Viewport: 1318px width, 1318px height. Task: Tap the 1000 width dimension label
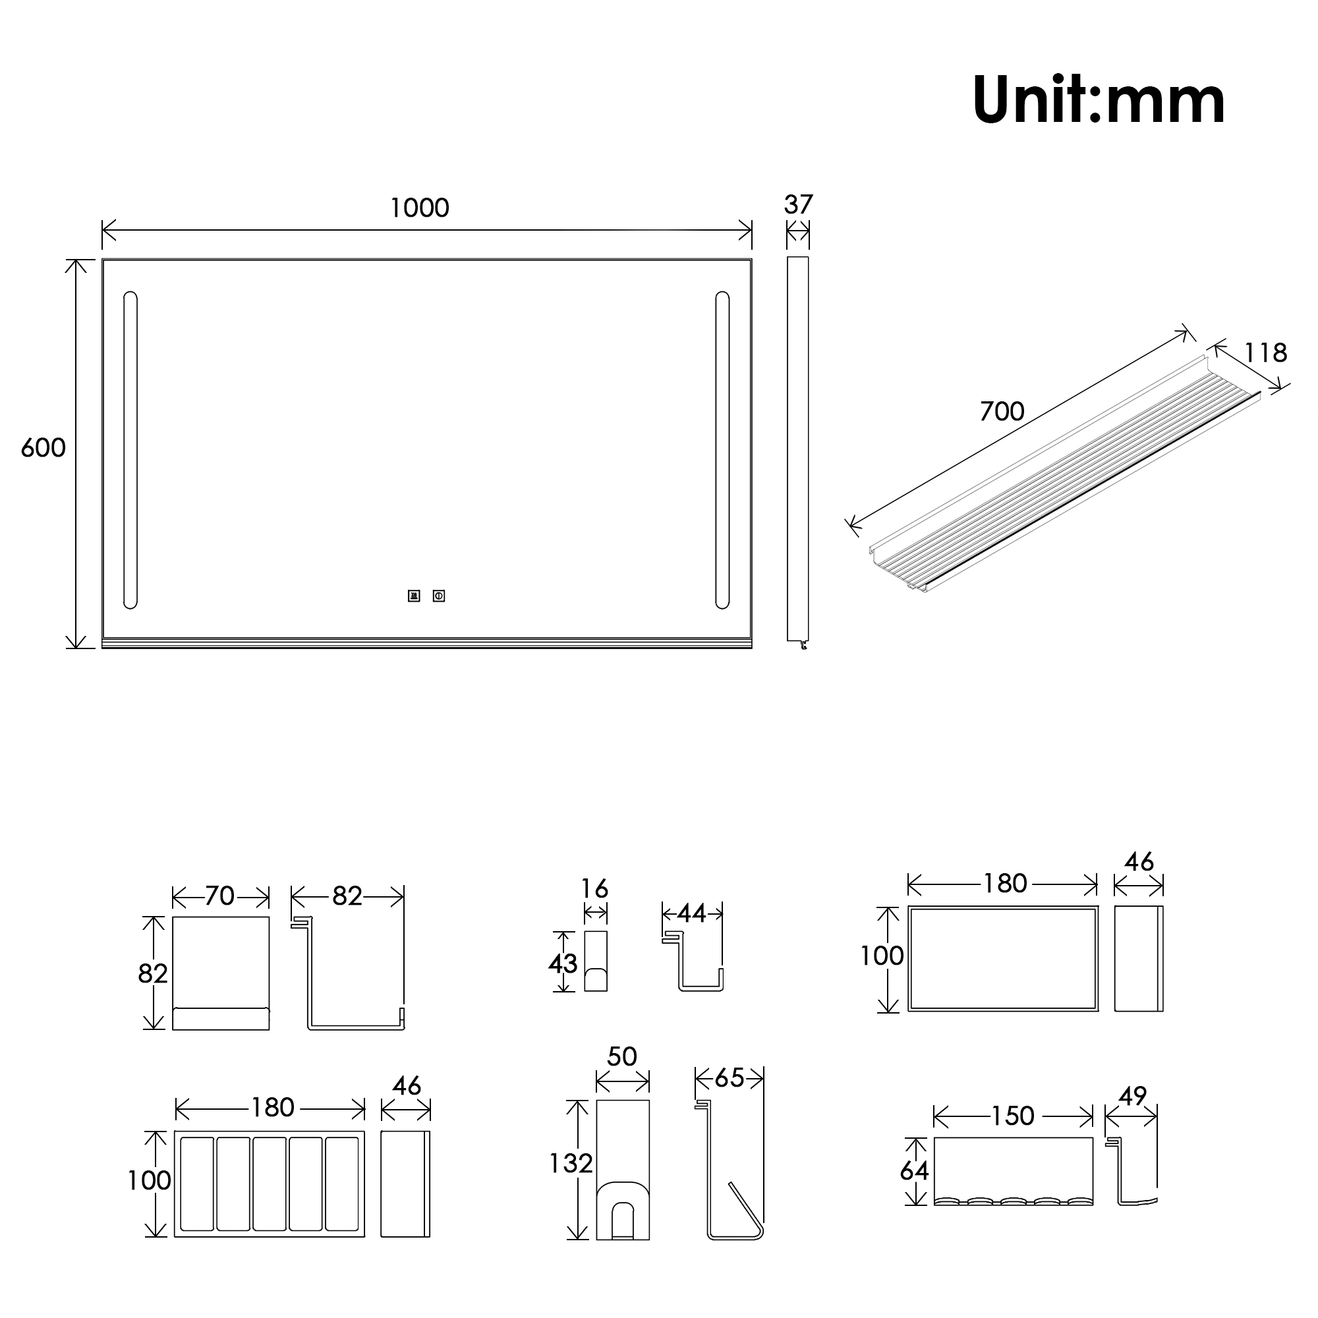point(420,208)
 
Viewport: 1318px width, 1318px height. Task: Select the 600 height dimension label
point(43,447)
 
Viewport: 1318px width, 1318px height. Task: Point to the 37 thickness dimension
point(798,204)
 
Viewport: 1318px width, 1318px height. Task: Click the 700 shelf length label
point(1002,411)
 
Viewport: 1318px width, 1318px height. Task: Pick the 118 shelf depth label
point(1265,353)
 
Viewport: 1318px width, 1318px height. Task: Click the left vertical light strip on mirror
point(130,450)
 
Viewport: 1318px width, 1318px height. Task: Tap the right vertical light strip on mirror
point(722,450)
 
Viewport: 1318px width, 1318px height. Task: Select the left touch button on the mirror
point(414,596)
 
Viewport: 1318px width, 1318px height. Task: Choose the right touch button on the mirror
point(439,596)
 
